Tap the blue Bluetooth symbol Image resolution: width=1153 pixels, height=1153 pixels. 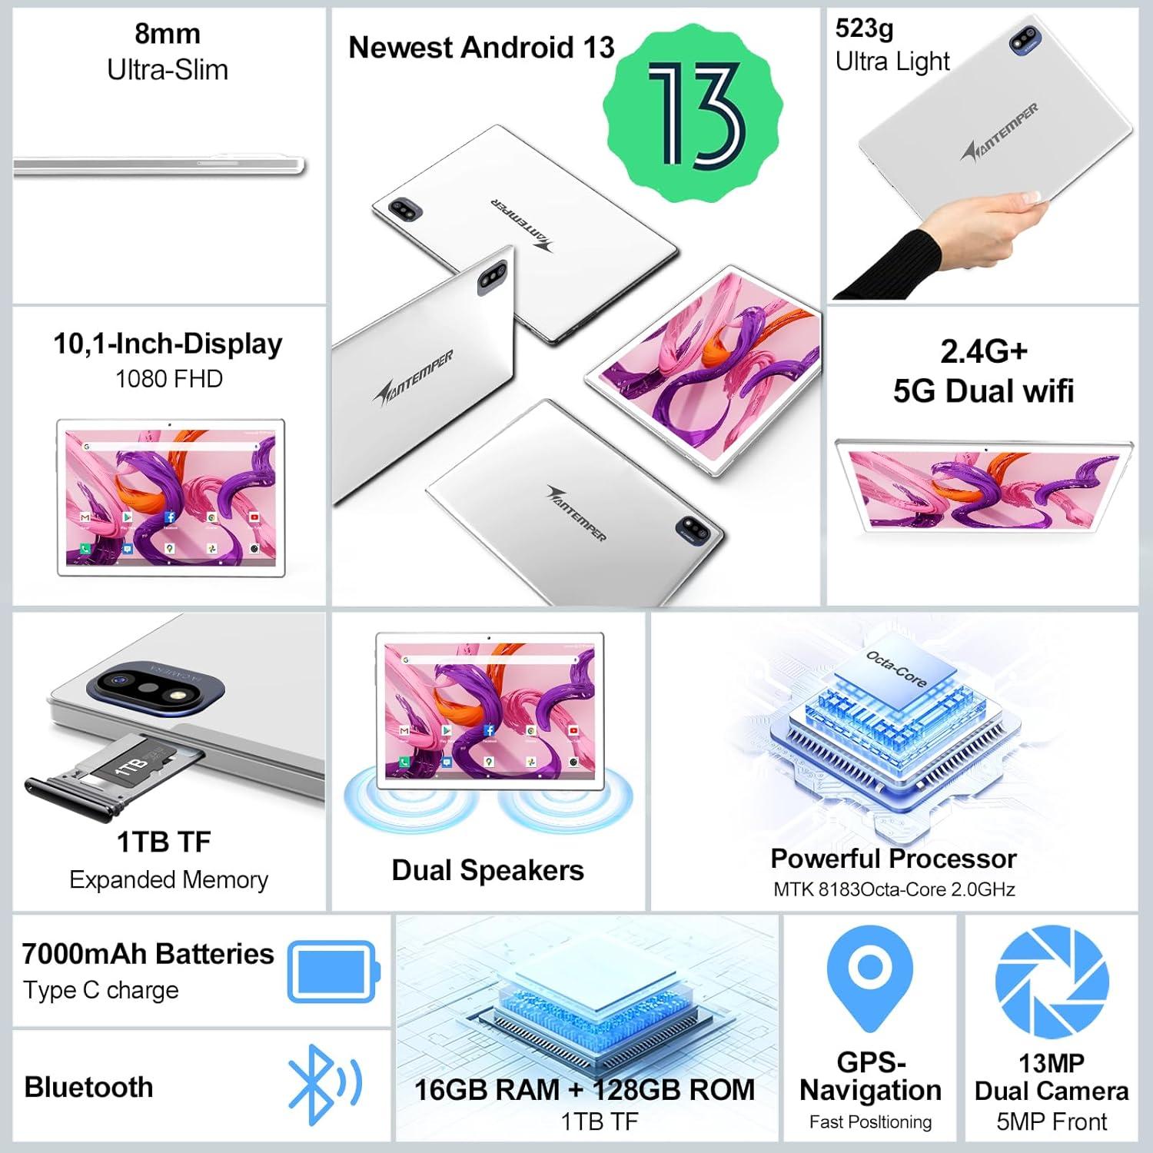click(x=323, y=1085)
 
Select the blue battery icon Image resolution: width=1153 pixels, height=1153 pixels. click(x=334, y=972)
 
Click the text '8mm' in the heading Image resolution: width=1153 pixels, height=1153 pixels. click(x=168, y=34)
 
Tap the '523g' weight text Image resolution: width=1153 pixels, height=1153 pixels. click(x=864, y=28)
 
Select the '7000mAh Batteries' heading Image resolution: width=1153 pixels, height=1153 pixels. click(x=148, y=954)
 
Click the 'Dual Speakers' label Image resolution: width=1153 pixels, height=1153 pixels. click(x=487, y=870)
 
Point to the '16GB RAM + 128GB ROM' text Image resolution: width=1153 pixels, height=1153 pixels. click(x=584, y=1089)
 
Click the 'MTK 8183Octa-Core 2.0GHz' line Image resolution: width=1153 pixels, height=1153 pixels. click(x=894, y=889)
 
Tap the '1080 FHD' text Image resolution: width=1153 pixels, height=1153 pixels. click(x=168, y=379)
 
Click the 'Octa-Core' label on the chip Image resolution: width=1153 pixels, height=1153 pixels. click(x=896, y=668)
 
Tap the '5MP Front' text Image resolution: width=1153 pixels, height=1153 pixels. click(x=1052, y=1121)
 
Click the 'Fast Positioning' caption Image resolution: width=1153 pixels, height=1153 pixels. click(x=870, y=1122)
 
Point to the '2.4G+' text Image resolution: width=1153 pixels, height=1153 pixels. click(x=983, y=351)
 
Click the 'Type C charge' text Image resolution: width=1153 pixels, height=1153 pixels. click(x=101, y=990)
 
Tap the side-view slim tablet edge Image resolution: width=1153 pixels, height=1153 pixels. click(x=159, y=164)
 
